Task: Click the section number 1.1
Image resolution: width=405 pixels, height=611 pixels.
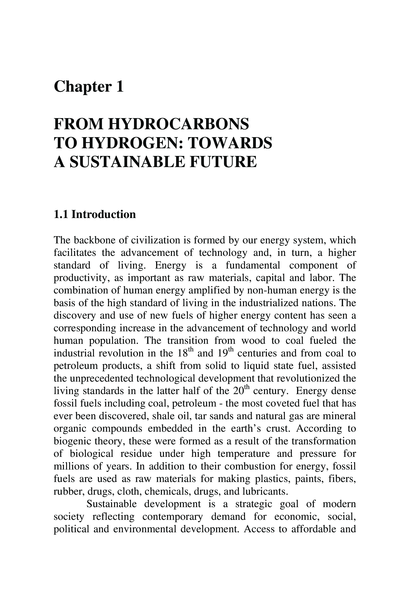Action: [61, 214]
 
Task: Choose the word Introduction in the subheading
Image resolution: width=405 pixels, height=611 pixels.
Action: [104, 214]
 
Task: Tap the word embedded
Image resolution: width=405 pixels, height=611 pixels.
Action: [170, 429]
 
